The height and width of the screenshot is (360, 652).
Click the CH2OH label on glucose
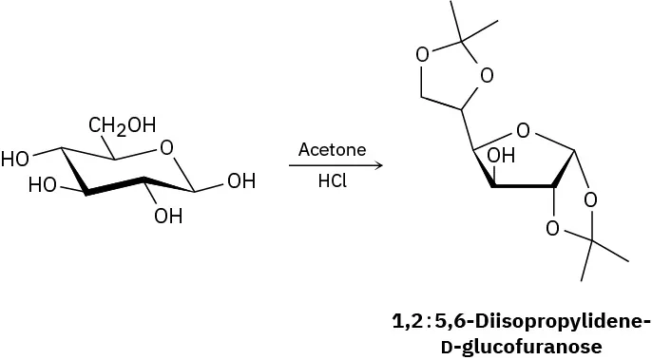pyautogui.click(x=123, y=124)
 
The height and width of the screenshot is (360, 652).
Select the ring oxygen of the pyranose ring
pyautogui.click(x=167, y=147)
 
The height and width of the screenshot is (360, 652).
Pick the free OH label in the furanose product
pyautogui.click(x=500, y=156)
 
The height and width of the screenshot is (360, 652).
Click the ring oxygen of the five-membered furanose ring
pyautogui.click(x=522, y=129)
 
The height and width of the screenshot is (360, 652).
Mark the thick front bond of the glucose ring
pyautogui.click(x=114, y=186)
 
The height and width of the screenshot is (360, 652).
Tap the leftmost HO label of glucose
pyautogui.click(x=15, y=159)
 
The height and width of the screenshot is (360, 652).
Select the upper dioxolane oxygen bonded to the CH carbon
pyautogui.click(x=487, y=75)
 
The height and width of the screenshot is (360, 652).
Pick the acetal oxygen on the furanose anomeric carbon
pyautogui.click(x=590, y=199)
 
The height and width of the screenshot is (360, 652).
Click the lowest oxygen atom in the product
pyautogui.click(x=551, y=229)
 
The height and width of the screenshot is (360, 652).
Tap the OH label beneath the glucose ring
pyautogui.click(x=168, y=216)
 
